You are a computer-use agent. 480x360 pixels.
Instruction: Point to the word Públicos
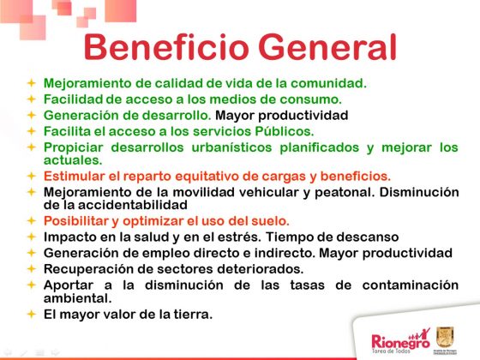click(279, 131)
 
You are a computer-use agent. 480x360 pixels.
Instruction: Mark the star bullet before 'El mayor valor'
click(31, 315)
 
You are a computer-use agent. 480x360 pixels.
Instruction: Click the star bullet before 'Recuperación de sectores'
click(31, 268)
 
